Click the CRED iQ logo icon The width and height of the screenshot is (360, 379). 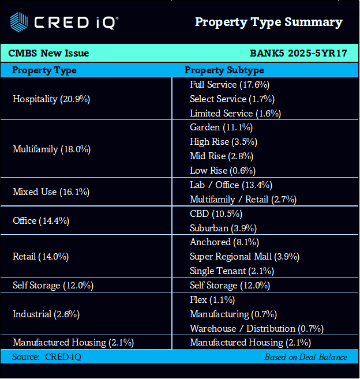coord(18,22)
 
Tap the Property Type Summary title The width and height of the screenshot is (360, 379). coord(268,22)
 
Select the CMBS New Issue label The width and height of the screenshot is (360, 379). coord(48,53)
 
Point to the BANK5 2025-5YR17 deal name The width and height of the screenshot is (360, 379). coord(298,53)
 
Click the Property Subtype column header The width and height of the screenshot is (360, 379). coord(224,70)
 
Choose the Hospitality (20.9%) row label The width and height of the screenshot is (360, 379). coord(51,99)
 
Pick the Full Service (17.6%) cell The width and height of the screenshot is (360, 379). coord(230,84)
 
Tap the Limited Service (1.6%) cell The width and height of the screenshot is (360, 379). coord(235,113)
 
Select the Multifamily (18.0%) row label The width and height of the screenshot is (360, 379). coord(51,149)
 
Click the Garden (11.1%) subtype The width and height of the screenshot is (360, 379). coord(221,127)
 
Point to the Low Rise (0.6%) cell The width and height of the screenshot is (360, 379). coord(223,170)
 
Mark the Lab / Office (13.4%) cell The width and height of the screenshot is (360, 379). coord(231,185)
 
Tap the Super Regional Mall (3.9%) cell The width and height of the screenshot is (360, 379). coord(245,256)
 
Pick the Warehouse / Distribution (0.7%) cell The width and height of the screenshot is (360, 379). coord(256,328)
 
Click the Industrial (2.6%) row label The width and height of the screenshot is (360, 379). coord(46,314)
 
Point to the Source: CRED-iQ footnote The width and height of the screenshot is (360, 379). coord(47,357)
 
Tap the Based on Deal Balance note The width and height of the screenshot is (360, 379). coord(306,357)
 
